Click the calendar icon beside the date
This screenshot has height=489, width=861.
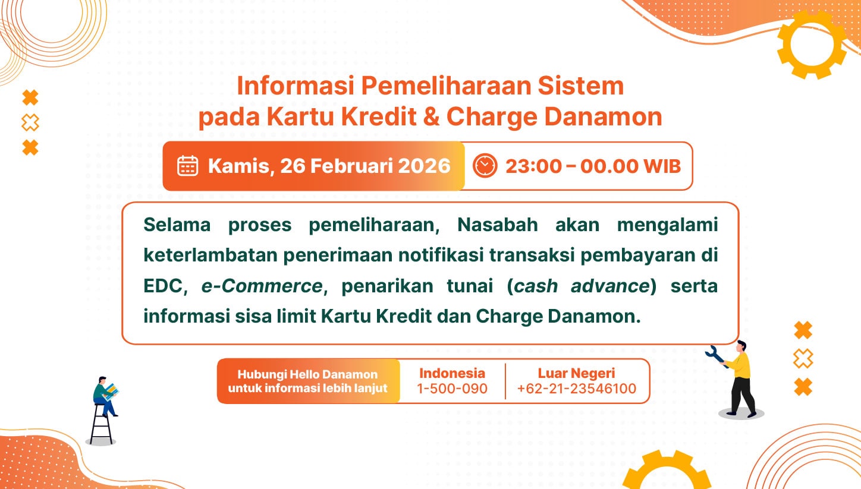(x=187, y=166)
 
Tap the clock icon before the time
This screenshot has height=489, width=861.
(x=485, y=166)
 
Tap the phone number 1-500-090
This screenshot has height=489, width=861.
(x=452, y=389)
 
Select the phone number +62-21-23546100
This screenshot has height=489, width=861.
(x=577, y=389)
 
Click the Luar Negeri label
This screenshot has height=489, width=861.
(x=576, y=373)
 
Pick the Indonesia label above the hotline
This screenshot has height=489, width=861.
(x=452, y=373)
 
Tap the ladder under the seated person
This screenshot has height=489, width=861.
(x=100, y=424)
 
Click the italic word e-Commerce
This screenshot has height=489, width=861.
(x=262, y=286)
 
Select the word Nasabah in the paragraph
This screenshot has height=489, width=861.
(x=497, y=225)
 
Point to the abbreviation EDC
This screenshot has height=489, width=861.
(x=162, y=286)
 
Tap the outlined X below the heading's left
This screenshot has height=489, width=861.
(x=30, y=122)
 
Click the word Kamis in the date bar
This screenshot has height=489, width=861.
(x=239, y=166)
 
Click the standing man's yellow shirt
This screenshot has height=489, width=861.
(x=743, y=365)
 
